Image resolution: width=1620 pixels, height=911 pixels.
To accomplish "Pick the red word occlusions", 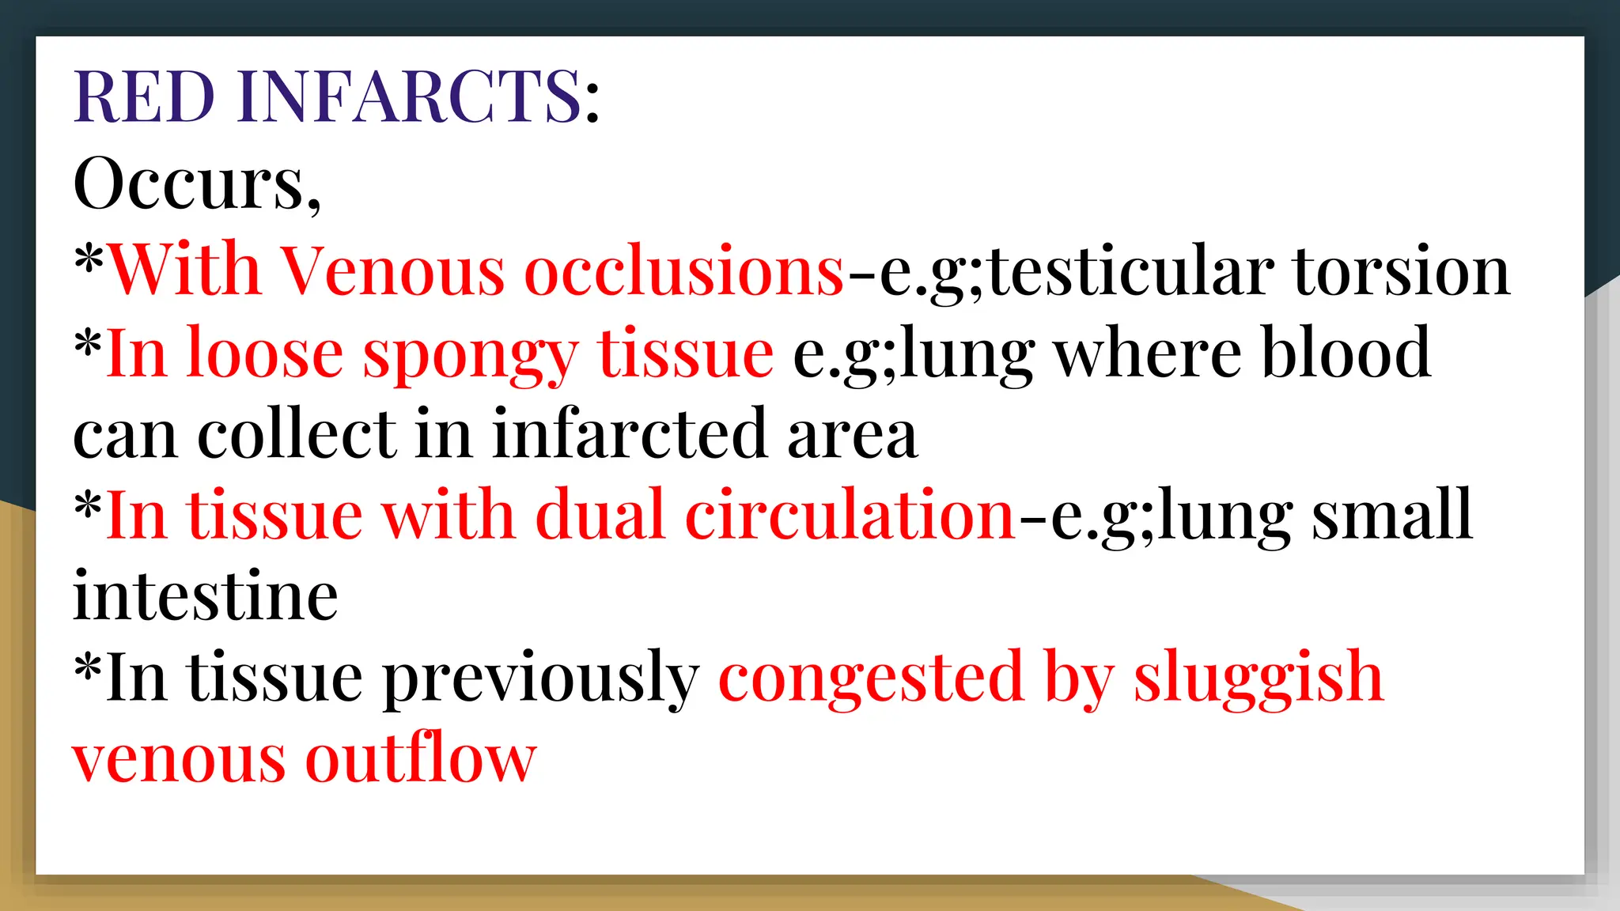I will pyautogui.click(x=684, y=270).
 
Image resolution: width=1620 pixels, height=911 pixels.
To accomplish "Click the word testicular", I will pyautogui.click(x=1132, y=270).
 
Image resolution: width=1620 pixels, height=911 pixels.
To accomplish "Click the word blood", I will pyautogui.click(x=1346, y=353).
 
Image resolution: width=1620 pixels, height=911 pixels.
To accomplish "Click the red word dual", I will pyautogui.click(x=600, y=516).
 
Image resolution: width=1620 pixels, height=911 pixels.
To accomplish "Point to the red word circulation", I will pyautogui.click(x=850, y=516).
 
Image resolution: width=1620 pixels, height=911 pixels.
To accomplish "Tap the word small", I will pyautogui.click(x=1392, y=516).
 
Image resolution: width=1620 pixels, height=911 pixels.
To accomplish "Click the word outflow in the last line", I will pyautogui.click(x=421, y=759).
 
